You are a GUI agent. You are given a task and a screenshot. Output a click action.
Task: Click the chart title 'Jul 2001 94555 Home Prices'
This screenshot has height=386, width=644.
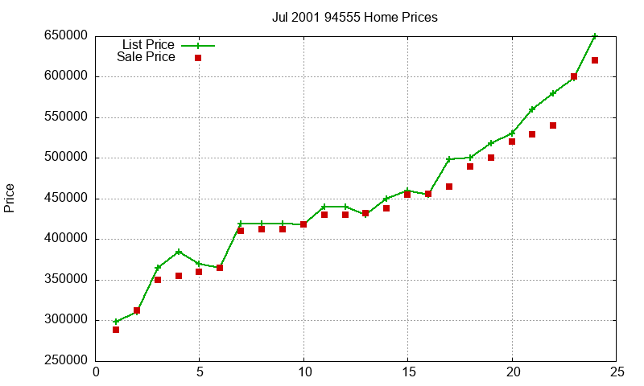(354, 18)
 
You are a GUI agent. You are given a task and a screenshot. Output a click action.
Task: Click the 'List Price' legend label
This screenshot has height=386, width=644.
(148, 45)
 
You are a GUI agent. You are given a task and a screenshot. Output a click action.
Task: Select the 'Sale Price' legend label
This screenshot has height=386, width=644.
(146, 57)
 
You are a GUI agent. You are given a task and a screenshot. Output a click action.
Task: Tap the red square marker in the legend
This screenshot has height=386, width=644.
(198, 58)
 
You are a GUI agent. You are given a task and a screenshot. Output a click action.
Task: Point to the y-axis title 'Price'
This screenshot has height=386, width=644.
(10, 198)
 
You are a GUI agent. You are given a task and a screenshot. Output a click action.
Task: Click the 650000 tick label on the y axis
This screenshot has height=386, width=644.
(66, 36)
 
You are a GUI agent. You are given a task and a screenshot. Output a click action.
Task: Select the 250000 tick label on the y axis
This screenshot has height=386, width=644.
(66, 361)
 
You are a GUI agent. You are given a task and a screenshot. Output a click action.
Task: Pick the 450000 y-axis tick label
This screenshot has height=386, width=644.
(66, 199)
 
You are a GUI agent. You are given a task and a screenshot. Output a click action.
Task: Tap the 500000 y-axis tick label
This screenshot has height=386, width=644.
(66, 158)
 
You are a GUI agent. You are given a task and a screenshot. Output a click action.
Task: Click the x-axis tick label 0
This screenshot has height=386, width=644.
(97, 372)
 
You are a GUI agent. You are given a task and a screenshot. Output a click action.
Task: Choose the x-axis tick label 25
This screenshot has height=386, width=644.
(616, 372)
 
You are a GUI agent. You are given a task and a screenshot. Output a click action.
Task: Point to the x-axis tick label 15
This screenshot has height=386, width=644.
(408, 372)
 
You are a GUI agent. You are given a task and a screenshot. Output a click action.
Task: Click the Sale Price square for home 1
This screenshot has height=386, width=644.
(116, 330)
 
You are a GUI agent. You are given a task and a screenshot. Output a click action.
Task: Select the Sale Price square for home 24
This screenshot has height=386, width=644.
(595, 60)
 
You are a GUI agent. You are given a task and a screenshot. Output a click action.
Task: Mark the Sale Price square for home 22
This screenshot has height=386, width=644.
(553, 125)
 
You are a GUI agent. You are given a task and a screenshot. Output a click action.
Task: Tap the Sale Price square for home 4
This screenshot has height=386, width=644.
(179, 276)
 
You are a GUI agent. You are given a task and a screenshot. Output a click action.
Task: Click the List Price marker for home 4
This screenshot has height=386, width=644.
(179, 252)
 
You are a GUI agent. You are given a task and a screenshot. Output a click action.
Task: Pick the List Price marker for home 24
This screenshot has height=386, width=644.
(595, 36)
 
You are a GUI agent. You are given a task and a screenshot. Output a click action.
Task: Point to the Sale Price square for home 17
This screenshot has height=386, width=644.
(449, 187)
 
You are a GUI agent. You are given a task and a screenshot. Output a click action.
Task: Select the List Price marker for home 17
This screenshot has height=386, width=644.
(449, 159)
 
